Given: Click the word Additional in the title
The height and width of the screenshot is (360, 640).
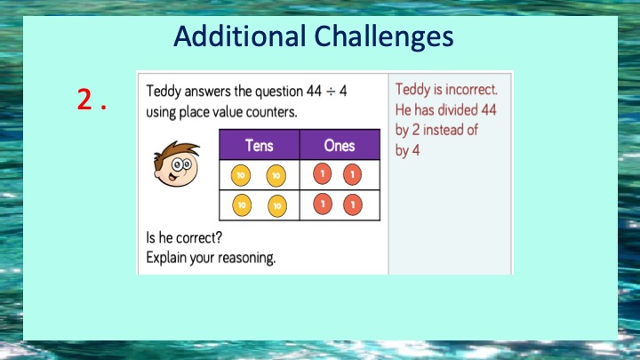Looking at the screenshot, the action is pos(240,36).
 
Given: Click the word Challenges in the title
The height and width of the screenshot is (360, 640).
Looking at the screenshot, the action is pos(384,37).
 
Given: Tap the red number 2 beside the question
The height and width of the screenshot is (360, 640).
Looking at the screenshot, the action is pos(84,99).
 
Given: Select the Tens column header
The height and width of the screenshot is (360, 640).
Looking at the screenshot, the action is pos(260,145).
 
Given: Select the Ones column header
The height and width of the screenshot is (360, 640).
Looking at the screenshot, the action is pos(340,145).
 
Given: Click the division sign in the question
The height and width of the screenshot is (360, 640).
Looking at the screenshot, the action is pos(331,92).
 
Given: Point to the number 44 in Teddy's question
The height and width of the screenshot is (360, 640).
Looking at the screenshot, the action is pos(314,91).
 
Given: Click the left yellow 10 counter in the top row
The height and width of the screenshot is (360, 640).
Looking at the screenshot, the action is pos(241,175).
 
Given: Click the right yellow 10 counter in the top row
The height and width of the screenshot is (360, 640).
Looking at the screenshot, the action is pos(276,176).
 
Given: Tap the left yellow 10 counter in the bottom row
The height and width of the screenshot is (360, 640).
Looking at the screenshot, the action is pos(242,205).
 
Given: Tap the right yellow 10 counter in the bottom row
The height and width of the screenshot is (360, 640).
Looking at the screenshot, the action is pos(277,205).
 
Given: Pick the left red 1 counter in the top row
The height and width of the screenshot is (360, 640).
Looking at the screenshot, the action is pos(322,174).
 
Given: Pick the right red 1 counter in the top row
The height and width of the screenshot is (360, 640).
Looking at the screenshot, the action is pos(352,175).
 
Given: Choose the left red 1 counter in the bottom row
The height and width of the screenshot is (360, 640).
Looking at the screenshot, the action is pos(323,204).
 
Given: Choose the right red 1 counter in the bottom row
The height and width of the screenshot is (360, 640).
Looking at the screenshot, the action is pos(353,204).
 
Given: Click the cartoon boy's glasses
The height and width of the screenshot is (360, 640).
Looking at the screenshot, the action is pos(181,165).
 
